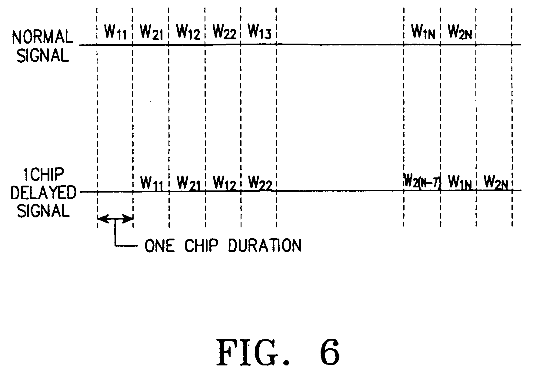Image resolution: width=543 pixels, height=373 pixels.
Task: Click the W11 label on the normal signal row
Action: pos(115,32)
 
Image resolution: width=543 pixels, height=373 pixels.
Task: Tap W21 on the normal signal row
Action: pos(151,32)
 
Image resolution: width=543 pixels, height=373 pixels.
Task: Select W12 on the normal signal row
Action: pos(188,32)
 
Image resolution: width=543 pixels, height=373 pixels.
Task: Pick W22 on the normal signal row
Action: pos(224,32)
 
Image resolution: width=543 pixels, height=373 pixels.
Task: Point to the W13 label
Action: pos(259,32)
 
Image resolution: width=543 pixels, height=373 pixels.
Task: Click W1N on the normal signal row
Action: pos(423,32)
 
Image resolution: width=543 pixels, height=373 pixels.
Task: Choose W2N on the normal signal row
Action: pos(459,32)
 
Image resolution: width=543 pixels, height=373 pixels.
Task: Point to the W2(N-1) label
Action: pos(422,182)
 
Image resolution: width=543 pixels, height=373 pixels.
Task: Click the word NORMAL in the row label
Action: pos(42,37)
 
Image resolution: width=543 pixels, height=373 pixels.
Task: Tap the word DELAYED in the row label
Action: pos(43,193)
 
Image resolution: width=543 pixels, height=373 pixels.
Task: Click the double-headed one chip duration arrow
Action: pos(115,219)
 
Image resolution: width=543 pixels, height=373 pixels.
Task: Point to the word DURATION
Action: pos(264,246)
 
